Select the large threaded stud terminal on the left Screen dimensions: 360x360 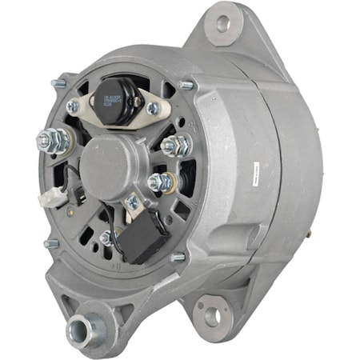pyautogui.click(x=53, y=142)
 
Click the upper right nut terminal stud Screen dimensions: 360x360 pyautogui.click(x=174, y=146)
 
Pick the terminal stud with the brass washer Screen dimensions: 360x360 pyautogui.click(x=161, y=182)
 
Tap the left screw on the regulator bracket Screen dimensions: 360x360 pyautogui.click(x=73, y=106)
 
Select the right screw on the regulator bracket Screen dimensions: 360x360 pyautogui.click(x=152, y=109)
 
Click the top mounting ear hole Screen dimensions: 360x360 pyautogui.click(x=222, y=25)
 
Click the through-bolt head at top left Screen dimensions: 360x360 pyautogui.click(x=58, y=82)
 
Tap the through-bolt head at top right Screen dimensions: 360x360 pyautogui.click(x=186, y=85)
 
